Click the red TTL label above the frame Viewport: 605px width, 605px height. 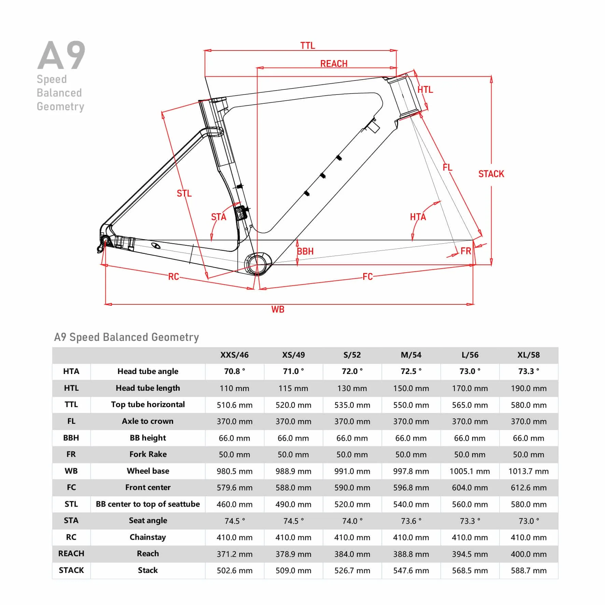(x=307, y=46)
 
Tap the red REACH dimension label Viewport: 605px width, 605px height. (x=334, y=64)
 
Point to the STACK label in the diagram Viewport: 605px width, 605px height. (x=491, y=174)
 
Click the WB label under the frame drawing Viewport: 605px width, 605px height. (x=278, y=309)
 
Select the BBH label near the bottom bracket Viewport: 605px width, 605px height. (x=305, y=251)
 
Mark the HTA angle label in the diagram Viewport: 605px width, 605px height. (x=418, y=217)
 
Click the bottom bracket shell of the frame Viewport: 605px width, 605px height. (x=258, y=264)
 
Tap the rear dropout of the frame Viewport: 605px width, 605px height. (x=104, y=241)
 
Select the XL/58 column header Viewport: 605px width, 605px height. (x=529, y=355)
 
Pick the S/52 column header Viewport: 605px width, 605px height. (x=352, y=355)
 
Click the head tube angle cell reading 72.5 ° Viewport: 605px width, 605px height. (x=411, y=371)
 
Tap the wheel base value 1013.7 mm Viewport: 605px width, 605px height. (x=529, y=471)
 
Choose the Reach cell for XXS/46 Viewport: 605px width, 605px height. (x=235, y=554)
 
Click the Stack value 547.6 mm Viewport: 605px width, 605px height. (x=411, y=571)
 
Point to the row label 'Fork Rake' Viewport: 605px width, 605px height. (x=148, y=455)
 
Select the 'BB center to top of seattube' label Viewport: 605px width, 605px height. (x=148, y=504)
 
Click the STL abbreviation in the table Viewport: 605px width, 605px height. (x=71, y=504)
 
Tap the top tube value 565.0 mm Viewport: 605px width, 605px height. (x=470, y=405)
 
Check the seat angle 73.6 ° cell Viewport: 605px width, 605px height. (x=411, y=521)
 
